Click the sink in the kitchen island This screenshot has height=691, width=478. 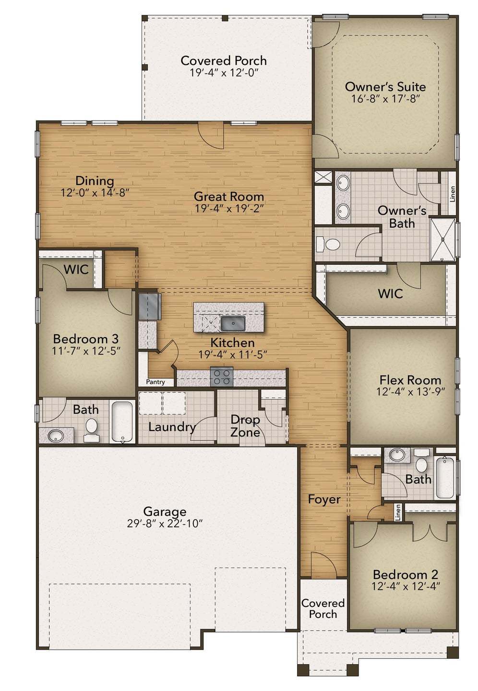point(233,323)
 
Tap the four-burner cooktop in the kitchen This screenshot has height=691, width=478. point(222,376)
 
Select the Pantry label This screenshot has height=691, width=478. point(155,382)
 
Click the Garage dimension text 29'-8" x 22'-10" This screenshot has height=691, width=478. point(165,523)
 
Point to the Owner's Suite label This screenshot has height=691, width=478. point(385,87)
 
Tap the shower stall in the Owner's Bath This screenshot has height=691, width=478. point(442,240)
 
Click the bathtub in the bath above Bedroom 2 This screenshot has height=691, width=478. point(445,477)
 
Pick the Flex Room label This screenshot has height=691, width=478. point(410,380)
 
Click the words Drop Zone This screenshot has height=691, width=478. point(245,426)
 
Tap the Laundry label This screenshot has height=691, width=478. point(172,427)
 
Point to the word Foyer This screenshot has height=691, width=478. point(324,499)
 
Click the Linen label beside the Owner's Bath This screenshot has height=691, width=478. point(453,194)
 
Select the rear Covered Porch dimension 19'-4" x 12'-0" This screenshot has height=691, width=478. point(224,73)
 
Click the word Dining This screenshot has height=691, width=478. point(95,181)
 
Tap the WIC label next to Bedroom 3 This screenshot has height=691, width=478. point(76,269)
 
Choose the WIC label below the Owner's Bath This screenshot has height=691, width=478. point(390,293)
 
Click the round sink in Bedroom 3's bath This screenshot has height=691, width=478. point(56,436)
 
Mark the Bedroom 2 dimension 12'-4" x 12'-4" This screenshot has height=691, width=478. point(406,586)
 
